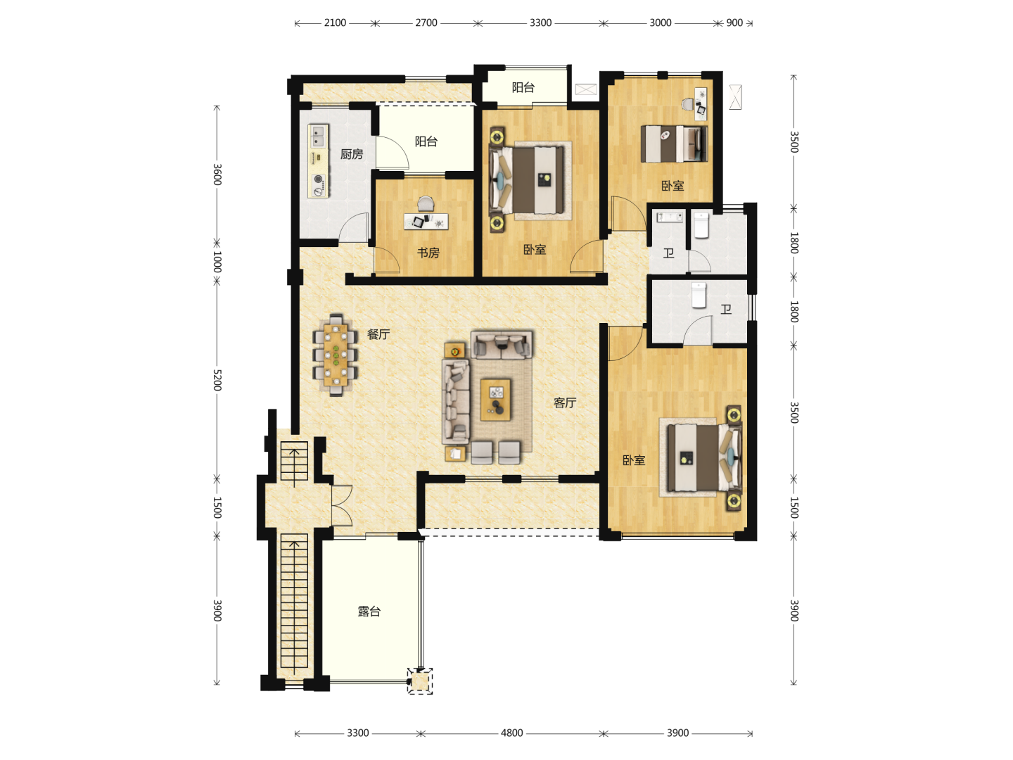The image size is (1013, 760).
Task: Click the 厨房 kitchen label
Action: click(x=351, y=154)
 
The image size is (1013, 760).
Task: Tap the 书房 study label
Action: click(x=428, y=253)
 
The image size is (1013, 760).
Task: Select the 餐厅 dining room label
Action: click(x=378, y=334)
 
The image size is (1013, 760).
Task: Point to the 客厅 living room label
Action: click(x=565, y=403)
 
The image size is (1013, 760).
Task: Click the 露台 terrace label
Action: click(x=369, y=612)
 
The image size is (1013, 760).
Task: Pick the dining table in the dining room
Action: click(x=336, y=355)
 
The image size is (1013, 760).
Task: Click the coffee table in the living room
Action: click(x=496, y=400)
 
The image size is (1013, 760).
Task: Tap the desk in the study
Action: click(x=426, y=222)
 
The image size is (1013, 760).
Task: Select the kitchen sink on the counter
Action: click(x=318, y=136)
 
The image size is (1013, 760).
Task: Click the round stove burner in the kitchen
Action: click(x=318, y=179)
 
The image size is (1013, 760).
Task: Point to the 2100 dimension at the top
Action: click(x=335, y=23)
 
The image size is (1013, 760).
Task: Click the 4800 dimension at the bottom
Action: click(x=512, y=733)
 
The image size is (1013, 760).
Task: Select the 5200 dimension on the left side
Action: click(x=217, y=380)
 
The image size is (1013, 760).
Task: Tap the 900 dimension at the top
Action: click(x=734, y=23)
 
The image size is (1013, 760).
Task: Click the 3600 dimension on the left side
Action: click(x=217, y=175)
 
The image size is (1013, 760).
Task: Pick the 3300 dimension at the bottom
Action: click(x=358, y=733)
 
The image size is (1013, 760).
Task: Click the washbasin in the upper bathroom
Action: click(x=670, y=217)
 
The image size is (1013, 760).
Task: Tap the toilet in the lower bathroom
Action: click(x=699, y=296)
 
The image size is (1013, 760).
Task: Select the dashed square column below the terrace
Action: click(x=420, y=681)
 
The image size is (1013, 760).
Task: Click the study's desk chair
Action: click(x=426, y=203)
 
